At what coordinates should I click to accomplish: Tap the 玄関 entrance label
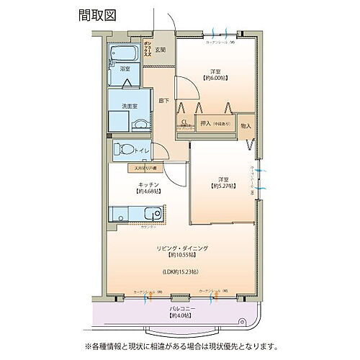click(x=160, y=50)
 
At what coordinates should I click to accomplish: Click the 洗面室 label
click(x=130, y=106)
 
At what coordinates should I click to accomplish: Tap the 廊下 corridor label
click(x=163, y=100)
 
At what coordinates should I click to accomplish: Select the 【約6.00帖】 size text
click(x=215, y=78)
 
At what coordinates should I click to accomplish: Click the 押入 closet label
click(x=205, y=124)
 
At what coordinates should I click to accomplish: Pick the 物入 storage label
click(x=246, y=126)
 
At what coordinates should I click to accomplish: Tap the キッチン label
click(x=149, y=184)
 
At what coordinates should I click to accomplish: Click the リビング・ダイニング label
click(x=182, y=248)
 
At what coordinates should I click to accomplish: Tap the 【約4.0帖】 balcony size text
click(x=179, y=316)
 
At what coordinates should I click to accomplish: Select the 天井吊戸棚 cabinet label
click(x=147, y=168)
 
